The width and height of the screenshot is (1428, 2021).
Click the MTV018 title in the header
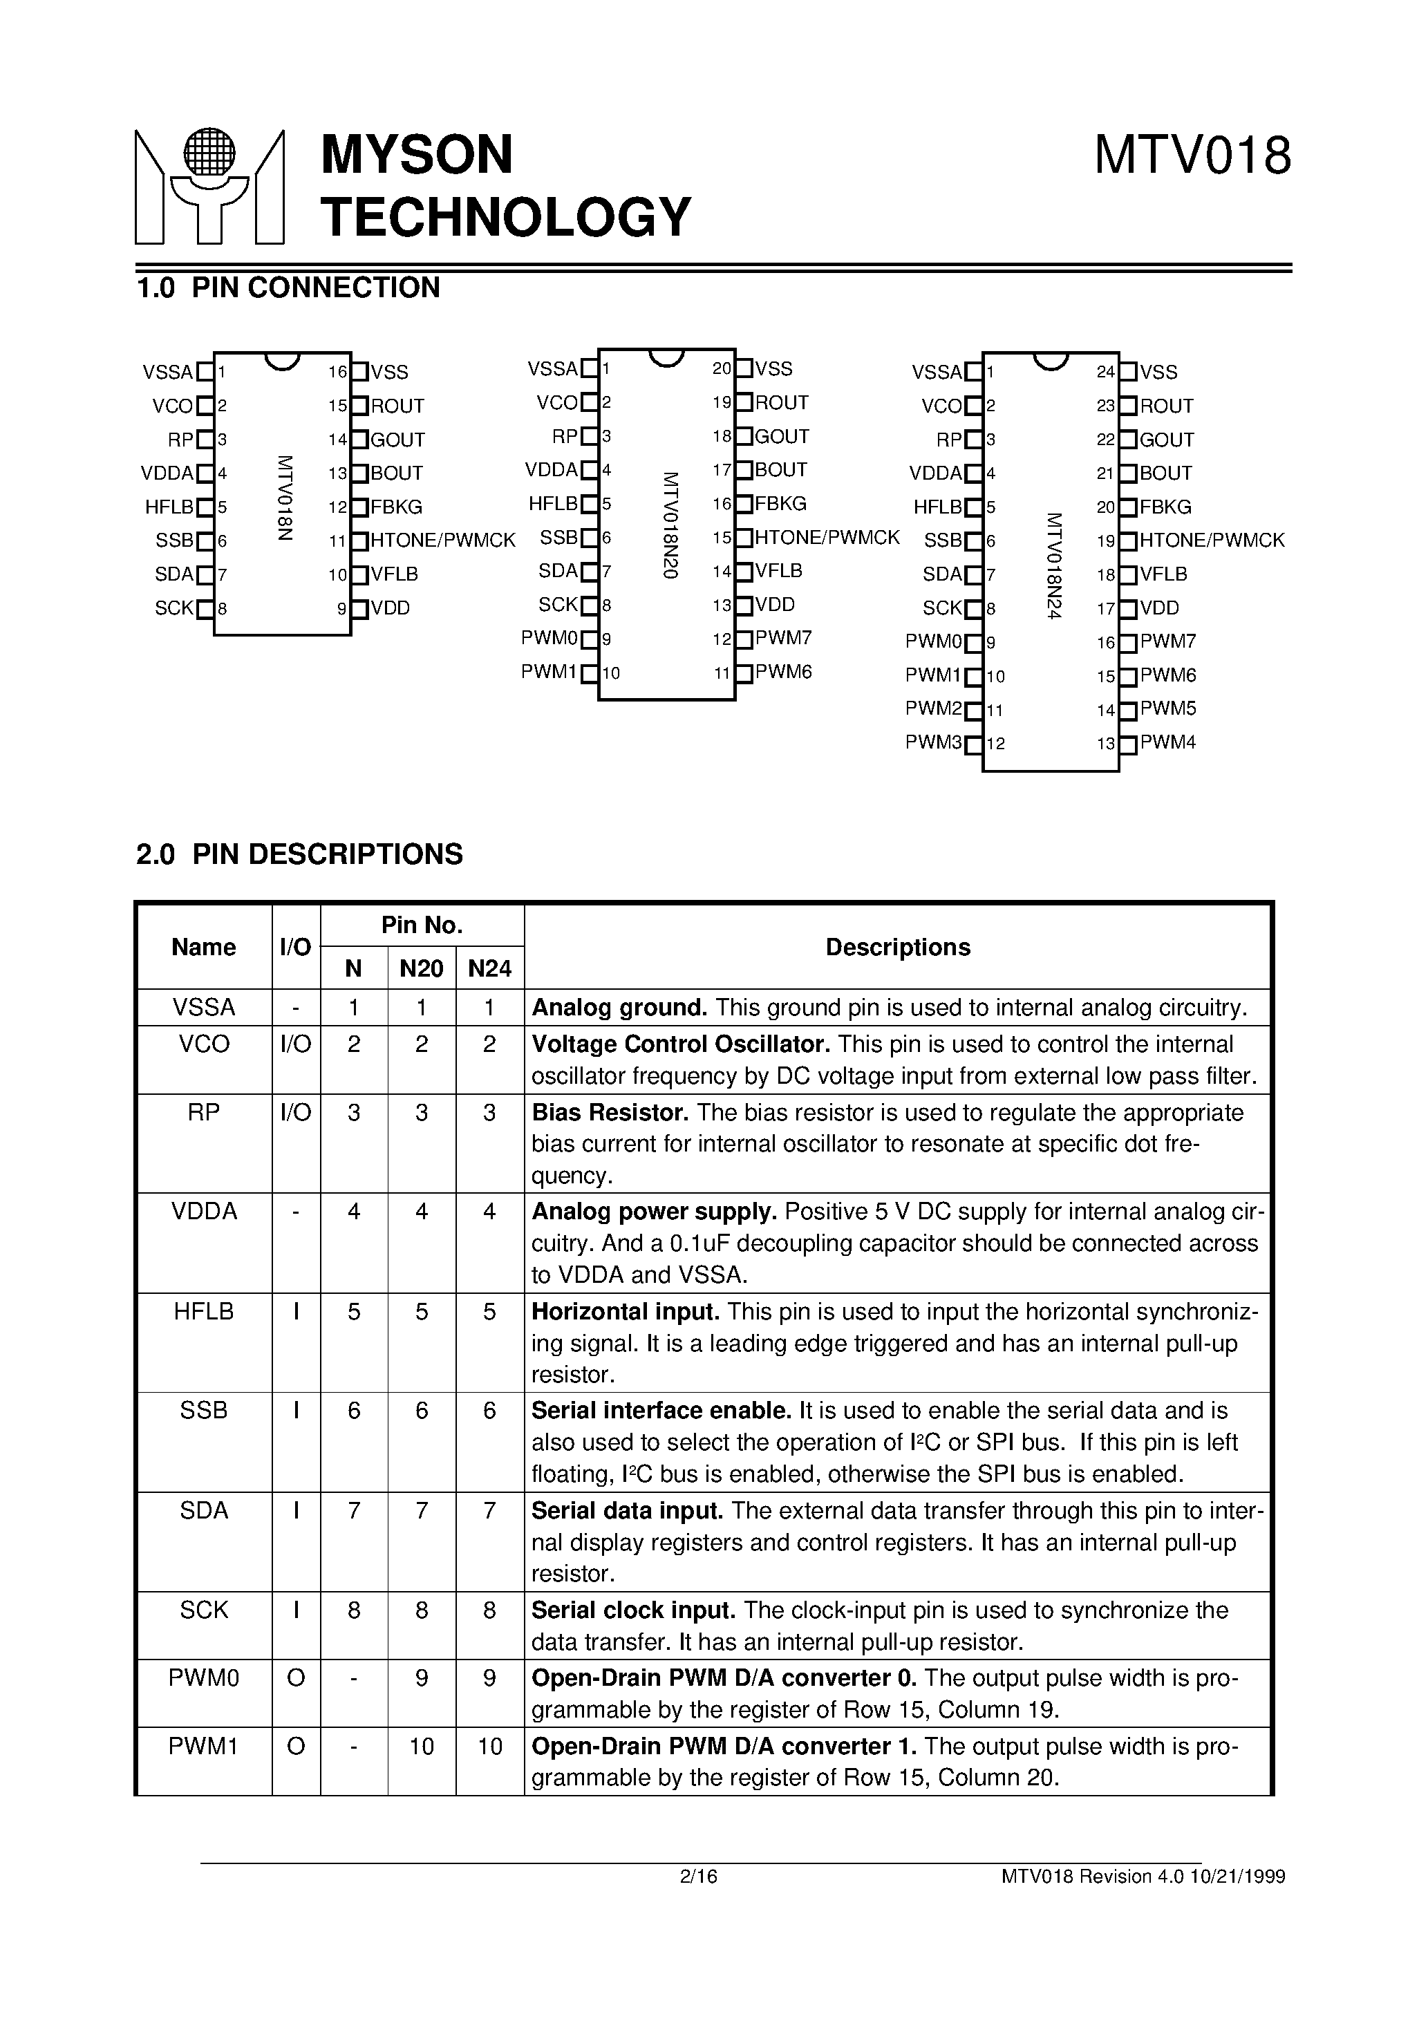tap(1192, 156)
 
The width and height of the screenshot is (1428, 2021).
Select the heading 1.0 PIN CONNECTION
tap(288, 288)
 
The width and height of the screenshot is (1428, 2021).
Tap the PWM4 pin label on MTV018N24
tap(1167, 742)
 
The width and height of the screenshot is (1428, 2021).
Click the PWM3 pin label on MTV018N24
tap(933, 742)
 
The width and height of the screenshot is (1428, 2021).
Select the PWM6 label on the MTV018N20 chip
tap(782, 673)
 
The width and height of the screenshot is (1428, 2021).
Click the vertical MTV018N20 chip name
tap(670, 525)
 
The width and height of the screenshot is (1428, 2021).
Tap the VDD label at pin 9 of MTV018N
tap(390, 608)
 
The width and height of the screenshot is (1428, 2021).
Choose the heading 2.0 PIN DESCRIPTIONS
tap(299, 854)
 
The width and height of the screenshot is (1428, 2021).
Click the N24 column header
tap(489, 969)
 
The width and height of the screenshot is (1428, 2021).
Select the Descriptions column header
tap(897, 947)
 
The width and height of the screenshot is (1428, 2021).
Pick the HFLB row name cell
tap(203, 1312)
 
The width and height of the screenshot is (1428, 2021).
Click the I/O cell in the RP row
tap(296, 1113)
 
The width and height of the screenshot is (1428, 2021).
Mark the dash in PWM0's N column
tap(353, 1677)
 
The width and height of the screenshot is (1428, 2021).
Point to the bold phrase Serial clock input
tap(633, 1610)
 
